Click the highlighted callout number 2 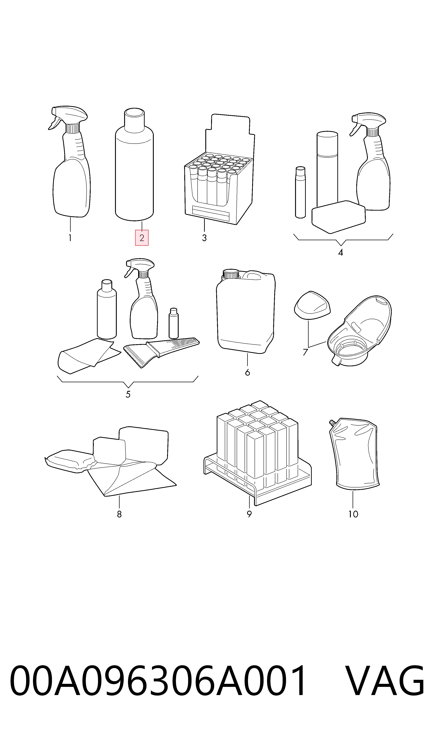tap(142, 238)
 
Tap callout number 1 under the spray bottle tap(70, 238)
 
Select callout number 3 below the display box tap(204, 238)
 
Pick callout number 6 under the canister tap(247, 373)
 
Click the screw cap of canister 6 tap(231, 274)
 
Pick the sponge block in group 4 tap(339, 217)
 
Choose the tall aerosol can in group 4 tap(327, 170)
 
